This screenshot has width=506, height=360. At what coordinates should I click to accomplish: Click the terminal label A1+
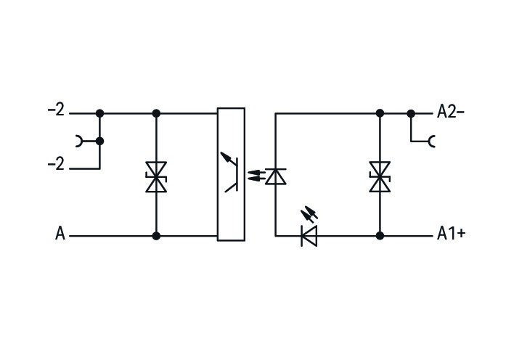(451, 233)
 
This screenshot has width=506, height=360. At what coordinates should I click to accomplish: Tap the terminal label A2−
(451, 112)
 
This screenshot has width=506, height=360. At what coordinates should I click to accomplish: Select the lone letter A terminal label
(60, 233)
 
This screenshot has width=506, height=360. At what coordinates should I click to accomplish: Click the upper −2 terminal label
(56, 110)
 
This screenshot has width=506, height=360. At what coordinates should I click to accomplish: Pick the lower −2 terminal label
(56, 164)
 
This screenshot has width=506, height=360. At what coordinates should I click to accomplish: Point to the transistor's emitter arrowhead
(225, 156)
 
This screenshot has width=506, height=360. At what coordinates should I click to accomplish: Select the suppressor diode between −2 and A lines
(156, 177)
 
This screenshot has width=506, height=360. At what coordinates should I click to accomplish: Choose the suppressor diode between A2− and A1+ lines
(380, 177)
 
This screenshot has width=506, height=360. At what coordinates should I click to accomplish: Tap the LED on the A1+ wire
(309, 236)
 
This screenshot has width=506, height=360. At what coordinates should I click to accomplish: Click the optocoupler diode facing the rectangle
(275, 176)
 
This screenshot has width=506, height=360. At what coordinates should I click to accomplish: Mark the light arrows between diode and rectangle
(256, 176)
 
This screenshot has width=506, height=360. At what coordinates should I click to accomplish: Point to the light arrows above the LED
(309, 214)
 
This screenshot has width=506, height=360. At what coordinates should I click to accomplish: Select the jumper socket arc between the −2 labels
(78, 142)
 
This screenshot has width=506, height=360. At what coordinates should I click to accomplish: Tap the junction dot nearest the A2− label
(411, 113)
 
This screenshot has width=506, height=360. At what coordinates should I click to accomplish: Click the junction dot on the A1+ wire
(380, 236)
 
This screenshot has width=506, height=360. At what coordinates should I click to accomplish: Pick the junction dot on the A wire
(156, 236)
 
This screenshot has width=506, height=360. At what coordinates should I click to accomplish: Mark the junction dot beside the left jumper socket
(99, 142)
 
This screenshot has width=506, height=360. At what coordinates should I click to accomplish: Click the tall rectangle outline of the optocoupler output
(218, 174)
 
